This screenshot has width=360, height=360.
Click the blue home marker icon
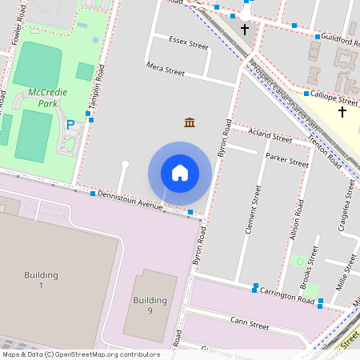pyautogui.click(x=180, y=172)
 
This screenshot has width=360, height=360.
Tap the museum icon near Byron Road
pyautogui.click(x=190, y=122)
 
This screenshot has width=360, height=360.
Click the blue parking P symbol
pyautogui.click(x=70, y=125)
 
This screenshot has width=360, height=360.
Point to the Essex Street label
pyautogui.click(x=189, y=42)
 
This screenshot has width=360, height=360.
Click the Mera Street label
pyautogui.click(x=166, y=70)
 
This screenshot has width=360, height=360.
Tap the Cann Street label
pyautogui.click(x=249, y=324)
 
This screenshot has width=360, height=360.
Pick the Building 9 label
pyautogui.click(x=150, y=306)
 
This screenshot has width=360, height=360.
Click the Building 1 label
pyautogui.click(x=41, y=280)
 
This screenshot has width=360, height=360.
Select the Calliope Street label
pyautogui.click(x=333, y=98)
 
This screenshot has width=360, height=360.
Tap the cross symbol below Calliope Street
pyautogui.click(x=342, y=112)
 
